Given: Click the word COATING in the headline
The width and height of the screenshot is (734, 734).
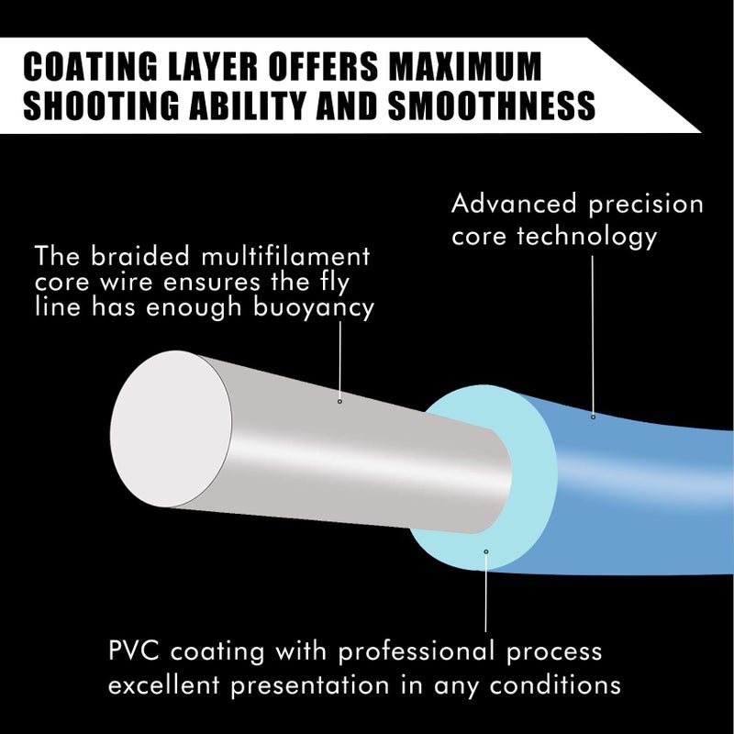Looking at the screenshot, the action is click(x=90, y=66).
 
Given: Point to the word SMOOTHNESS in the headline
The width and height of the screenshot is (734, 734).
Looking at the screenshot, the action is click(x=492, y=105).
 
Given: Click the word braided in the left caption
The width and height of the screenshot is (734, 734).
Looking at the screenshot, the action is click(x=140, y=256).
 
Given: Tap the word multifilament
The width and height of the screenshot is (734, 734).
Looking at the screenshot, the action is click(x=285, y=256).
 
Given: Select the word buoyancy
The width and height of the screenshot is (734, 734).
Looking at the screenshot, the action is click(x=314, y=309).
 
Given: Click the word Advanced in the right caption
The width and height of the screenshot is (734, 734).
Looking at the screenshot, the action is click(x=514, y=204).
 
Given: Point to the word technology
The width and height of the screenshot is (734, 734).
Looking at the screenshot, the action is click(x=587, y=237).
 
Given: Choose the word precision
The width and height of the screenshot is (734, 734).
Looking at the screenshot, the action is click(x=646, y=205).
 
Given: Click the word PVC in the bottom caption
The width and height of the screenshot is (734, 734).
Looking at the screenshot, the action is click(x=133, y=651).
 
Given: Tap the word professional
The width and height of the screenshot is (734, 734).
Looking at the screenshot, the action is click(x=417, y=652).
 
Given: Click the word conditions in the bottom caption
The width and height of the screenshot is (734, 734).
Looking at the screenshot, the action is click(x=555, y=685).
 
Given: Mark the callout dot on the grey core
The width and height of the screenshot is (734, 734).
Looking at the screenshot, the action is click(x=339, y=402).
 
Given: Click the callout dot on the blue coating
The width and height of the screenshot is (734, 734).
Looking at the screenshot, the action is click(x=593, y=417).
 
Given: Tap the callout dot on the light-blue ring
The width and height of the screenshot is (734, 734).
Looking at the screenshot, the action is click(x=486, y=551).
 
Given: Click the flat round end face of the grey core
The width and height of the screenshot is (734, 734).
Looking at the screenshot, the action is click(x=171, y=428).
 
